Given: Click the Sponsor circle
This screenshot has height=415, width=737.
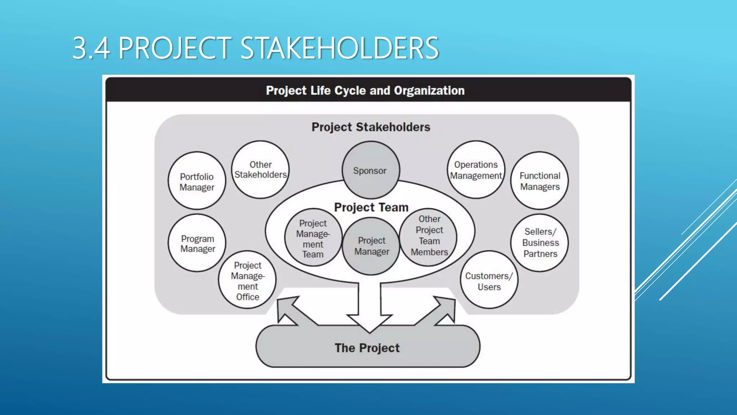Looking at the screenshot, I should click(x=370, y=170).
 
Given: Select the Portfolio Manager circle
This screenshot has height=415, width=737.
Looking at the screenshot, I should click(x=197, y=181).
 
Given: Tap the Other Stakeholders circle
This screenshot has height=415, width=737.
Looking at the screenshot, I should click(x=260, y=169).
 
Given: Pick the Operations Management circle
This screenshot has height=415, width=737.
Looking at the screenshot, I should click(x=476, y=170).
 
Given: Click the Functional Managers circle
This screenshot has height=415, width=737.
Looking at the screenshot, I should click(x=539, y=181).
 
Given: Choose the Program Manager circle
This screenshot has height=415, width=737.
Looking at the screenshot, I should click(x=197, y=243).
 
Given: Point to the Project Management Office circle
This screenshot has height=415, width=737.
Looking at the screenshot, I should click(x=247, y=280).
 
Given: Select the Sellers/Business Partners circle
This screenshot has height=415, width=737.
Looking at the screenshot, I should click(x=540, y=242).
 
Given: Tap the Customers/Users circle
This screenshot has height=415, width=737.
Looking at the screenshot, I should click(x=489, y=280).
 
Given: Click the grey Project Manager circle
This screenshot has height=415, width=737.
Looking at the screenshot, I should click(x=371, y=246).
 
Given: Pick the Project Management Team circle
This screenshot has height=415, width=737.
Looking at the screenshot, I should click(x=313, y=238).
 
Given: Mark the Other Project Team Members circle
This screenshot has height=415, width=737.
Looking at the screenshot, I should click(x=429, y=236).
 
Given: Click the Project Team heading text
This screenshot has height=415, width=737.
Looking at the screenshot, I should click(x=371, y=207).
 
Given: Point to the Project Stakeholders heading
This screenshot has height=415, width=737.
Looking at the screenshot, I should click(x=371, y=127).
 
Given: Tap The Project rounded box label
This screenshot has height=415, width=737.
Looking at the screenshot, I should click(x=367, y=348).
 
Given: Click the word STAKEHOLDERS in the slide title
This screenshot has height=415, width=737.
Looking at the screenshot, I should click(x=339, y=48).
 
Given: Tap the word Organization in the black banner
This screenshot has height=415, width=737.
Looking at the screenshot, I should click(x=429, y=90).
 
